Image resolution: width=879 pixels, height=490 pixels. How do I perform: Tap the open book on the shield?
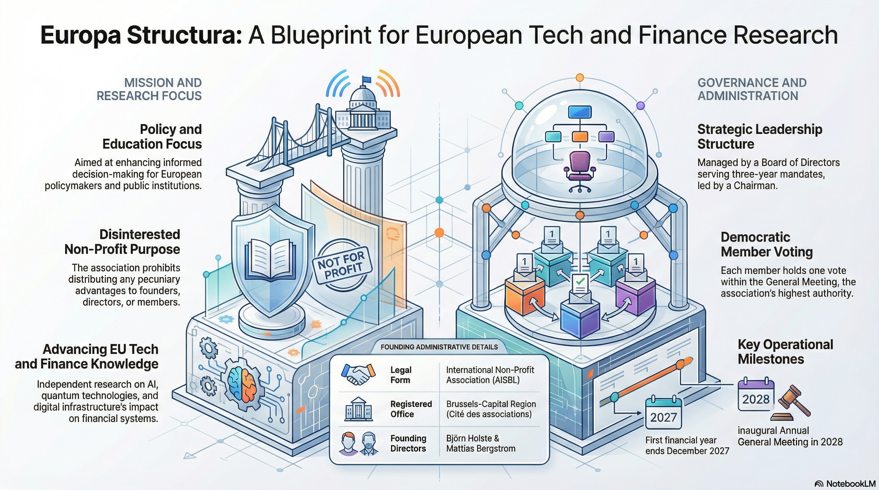(x=271, y=259)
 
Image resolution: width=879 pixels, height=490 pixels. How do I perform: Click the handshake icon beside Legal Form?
(x=358, y=375)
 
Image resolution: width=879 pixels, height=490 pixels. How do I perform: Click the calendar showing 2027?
(x=663, y=413)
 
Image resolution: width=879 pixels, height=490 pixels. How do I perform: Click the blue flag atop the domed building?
(x=366, y=80)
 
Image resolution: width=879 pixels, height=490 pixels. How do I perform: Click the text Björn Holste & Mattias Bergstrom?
(x=480, y=443)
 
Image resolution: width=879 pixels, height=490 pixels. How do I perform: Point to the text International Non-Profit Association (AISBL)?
(x=490, y=375)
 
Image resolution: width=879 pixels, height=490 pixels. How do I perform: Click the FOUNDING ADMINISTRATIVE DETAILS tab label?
(x=439, y=347)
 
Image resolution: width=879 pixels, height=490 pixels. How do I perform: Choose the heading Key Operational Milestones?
(x=785, y=352)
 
